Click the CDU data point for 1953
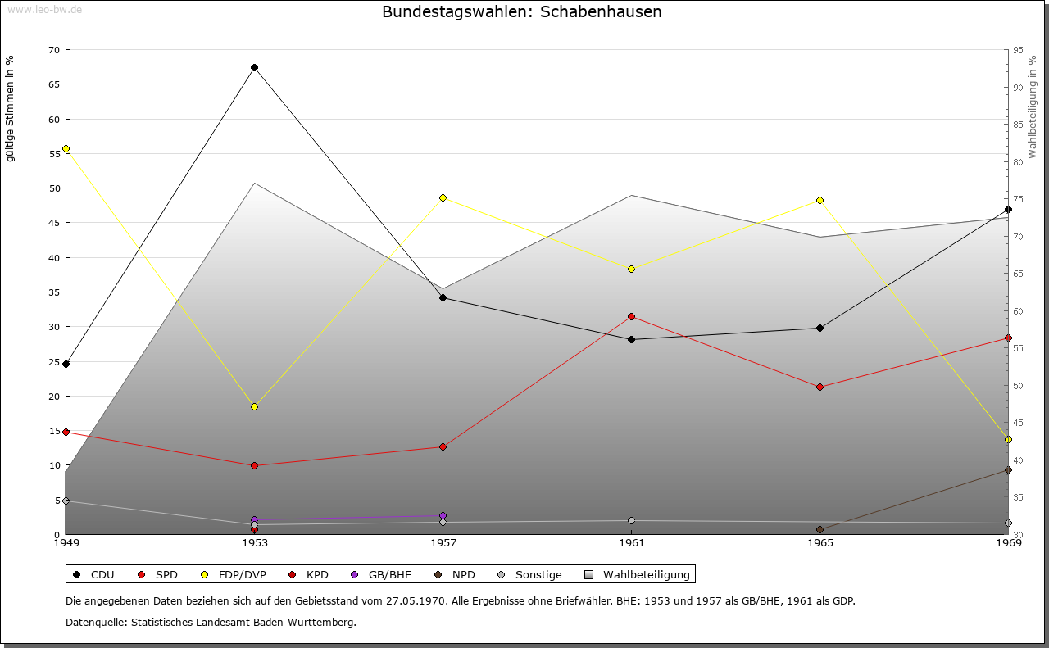coord(254,67)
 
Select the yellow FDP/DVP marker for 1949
coord(66,149)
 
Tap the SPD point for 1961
coord(631,316)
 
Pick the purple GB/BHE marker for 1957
coord(443,515)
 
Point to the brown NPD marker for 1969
coord(1008,469)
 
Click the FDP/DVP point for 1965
coord(820,200)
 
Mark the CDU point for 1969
coord(1008,209)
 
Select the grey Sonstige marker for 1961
coord(631,520)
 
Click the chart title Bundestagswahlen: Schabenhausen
coord(522,12)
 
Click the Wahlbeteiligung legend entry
coord(646,574)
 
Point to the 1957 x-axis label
coord(443,542)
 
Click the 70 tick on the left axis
coord(53,50)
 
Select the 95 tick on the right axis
coord(1018,50)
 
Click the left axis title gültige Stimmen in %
coord(11,108)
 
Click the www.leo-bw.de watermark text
coord(44,9)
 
